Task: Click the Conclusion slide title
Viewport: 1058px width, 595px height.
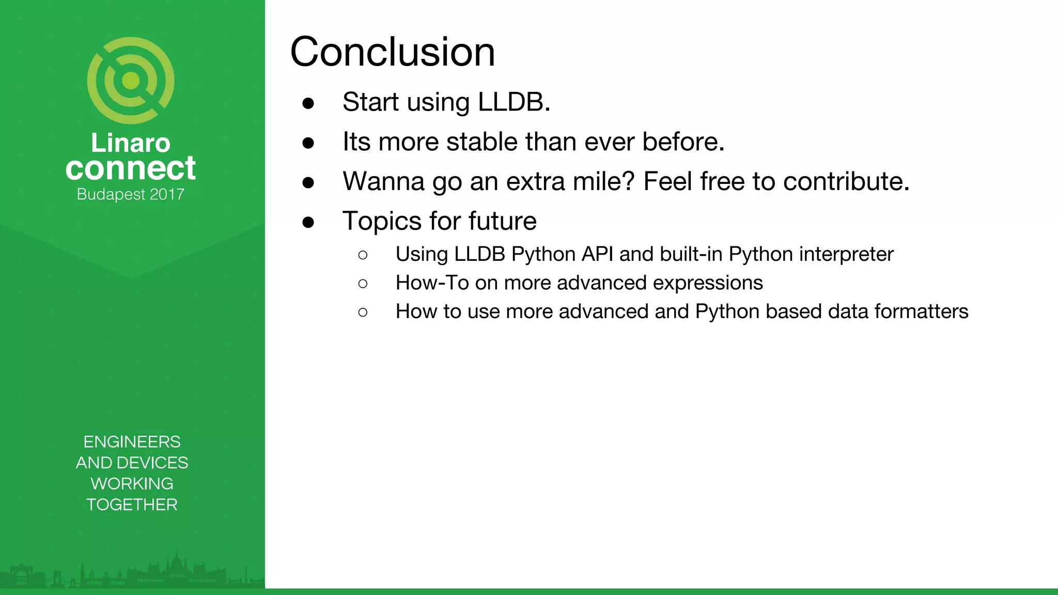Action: [393, 52]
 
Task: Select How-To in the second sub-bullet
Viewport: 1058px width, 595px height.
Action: [432, 283]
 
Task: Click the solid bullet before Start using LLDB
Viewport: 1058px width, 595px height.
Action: [308, 103]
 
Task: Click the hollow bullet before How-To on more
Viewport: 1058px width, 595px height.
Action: [363, 284]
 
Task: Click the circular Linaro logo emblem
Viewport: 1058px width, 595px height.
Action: [131, 81]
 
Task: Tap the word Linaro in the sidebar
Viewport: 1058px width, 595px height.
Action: [131, 143]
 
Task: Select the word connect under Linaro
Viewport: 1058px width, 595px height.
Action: [131, 168]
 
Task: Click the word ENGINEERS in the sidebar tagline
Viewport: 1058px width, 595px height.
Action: [132, 442]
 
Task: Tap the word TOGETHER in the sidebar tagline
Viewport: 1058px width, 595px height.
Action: [132, 505]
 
